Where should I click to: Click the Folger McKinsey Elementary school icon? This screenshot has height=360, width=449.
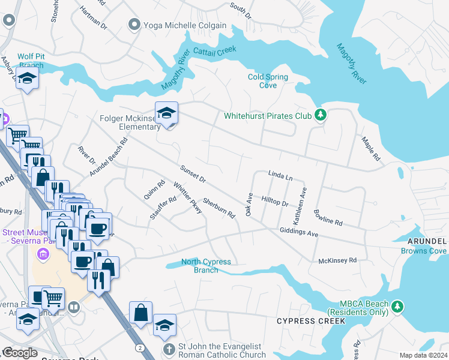click(x=166, y=113)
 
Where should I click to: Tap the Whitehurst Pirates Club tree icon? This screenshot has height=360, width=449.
click(x=321, y=115)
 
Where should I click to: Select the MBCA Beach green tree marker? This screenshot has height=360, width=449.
click(x=396, y=307)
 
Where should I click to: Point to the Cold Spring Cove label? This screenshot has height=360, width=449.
click(x=268, y=81)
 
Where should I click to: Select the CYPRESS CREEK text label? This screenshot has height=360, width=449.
click(x=311, y=322)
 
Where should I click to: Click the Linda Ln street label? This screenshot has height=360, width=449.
click(x=280, y=177)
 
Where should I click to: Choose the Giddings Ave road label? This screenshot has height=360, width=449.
click(x=298, y=232)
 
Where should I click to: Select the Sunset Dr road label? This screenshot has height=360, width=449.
click(x=192, y=173)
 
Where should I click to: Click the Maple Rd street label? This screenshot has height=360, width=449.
click(x=370, y=148)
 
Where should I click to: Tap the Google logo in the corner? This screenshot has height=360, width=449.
click(x=20, y=353)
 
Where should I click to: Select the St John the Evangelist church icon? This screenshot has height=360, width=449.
click(x=170, y=348)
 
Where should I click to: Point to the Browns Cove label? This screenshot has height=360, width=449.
click(x=424, y=250)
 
